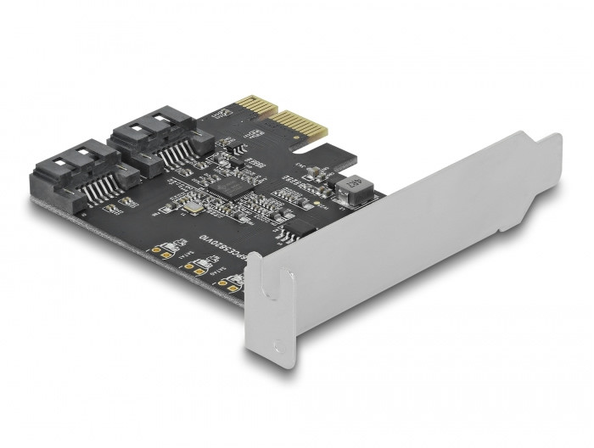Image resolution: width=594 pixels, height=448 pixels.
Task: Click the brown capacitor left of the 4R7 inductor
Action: pos(316,175)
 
